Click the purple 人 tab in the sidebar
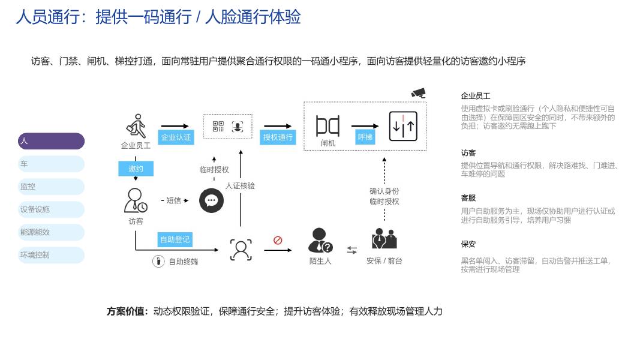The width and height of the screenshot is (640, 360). click(51, 141)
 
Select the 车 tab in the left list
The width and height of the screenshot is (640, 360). click(51, 164)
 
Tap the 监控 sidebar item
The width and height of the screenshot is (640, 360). click(51, 187)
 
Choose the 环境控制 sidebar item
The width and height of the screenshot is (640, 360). click(51, 255)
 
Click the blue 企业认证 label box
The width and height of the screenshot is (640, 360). click(176, 137)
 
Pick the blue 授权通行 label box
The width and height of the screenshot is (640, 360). click(278, 137)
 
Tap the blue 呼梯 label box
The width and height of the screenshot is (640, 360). click(365, 137)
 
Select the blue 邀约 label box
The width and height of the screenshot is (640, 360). click(136, 169)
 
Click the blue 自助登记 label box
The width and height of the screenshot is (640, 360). click(175, 240)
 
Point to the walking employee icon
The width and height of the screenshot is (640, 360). click(136, 126)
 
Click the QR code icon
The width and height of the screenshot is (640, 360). click(218, 127)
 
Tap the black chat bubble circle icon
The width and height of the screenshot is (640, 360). click(211, 200)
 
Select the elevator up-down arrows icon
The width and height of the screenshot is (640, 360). click(403, 127)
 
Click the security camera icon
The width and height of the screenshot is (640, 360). click(418, 93)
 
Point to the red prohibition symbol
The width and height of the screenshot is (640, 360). click(278, 241)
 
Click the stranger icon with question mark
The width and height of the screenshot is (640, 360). click(320, 241)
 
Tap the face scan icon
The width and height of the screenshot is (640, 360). click(241, 250)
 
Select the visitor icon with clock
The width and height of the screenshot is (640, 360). click(136, 200)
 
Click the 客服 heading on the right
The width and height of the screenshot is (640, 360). click(468, 197)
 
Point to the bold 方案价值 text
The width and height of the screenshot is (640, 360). click(127, 311)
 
